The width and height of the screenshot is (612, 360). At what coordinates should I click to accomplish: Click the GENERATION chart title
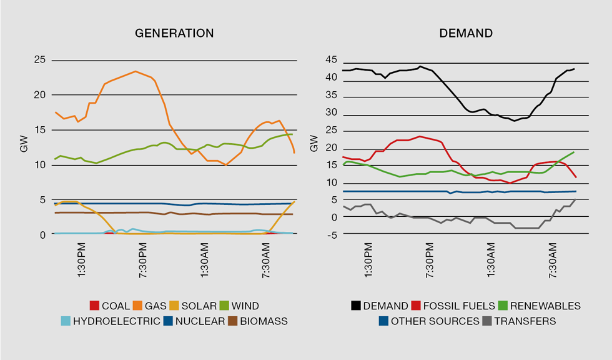pos(174,33)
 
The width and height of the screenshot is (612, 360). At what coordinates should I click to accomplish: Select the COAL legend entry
pos(110,306)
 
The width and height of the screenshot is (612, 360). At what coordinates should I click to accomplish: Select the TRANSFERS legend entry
pos(517,321)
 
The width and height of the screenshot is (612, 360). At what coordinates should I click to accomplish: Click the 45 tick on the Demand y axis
pos(331,60)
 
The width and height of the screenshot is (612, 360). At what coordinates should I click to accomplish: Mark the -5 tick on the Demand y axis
pos(332,235)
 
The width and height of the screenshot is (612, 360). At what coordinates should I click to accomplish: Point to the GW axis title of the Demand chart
pos(315,148)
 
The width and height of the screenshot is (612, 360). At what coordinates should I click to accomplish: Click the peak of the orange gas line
pos(136,71)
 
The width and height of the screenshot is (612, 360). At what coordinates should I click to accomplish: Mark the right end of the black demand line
pos(574,69)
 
